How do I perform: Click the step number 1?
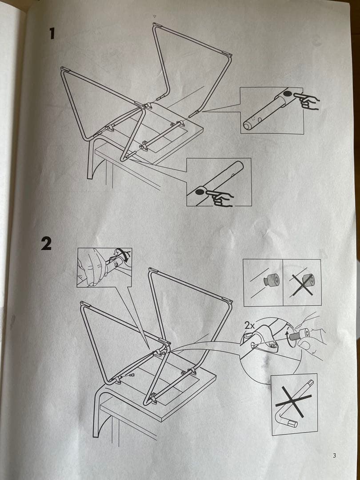point(52,34)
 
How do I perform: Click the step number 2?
point(46,244)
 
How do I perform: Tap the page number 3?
point(334,456)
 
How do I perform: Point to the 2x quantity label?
point(249,325)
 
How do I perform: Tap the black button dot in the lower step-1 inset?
point(199,192)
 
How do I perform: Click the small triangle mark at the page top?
point(154,16)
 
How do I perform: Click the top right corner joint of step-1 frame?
point(229,55)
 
